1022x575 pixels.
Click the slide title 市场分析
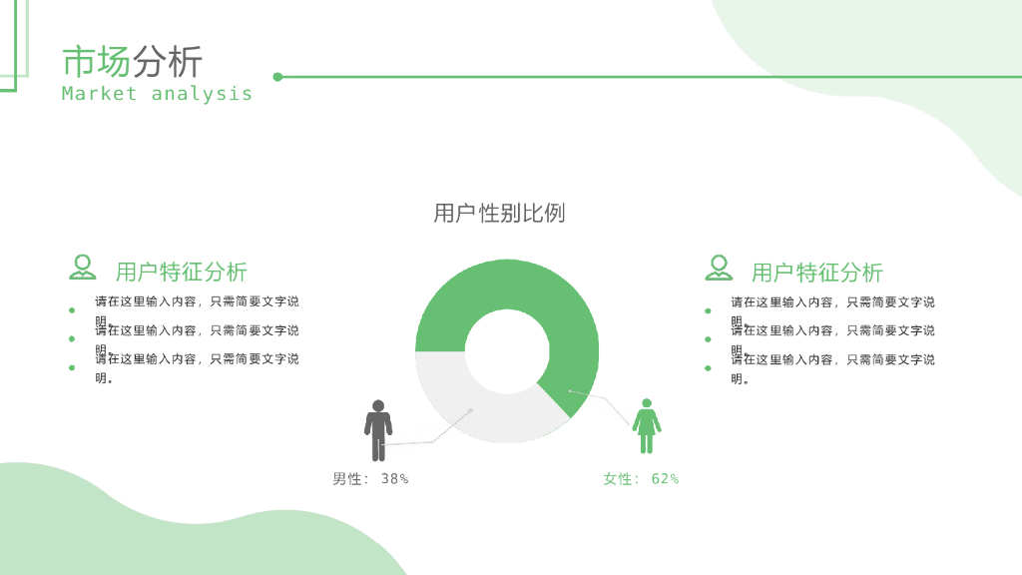coord(133,62)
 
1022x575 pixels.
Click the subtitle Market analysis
coord(157,94)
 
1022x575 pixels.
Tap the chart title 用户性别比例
coord(499,213)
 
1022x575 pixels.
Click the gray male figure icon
coord(378,430)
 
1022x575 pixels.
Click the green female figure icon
coord(647,426)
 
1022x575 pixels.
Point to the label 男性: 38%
coord(370,479)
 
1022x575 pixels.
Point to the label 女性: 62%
coord(641,479)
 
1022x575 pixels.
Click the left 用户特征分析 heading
coord(182,272)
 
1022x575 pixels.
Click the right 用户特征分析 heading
coord(817,272)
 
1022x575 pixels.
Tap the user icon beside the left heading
coord(83,268)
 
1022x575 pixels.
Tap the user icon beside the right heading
coord(719,268)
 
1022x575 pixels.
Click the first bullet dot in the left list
coord(72,310)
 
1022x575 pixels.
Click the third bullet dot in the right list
coord(708,368)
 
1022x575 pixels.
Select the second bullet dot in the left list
coord(72,339)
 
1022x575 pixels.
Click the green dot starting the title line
coord(277,76)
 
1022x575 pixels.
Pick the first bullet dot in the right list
coord(708,310)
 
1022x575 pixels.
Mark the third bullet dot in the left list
coord(72,368)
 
